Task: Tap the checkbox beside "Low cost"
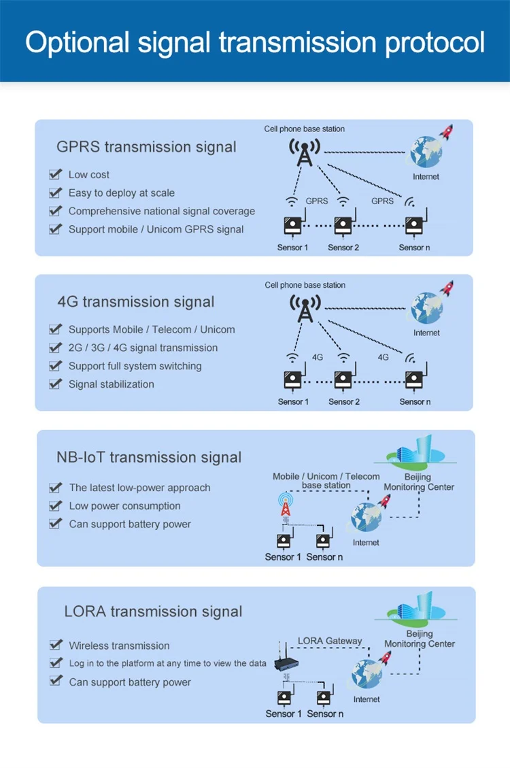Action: click(56, 174)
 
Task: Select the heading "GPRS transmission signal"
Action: click(146, 147)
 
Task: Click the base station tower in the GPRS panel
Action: click(305, 152)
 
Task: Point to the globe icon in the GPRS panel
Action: click(426, 151)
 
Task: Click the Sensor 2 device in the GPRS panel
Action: click(343, 224)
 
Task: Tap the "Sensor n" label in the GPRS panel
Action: click(414, 248)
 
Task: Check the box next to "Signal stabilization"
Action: click(56, 384)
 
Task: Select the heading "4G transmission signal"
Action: click(136, 302)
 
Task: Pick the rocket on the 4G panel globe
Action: click(446, 288)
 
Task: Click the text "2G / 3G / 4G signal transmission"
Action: click(143, 348)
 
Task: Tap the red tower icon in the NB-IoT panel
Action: click(286, 505)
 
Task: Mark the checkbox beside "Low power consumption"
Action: click(56, 505)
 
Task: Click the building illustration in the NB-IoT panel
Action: click(416, 450)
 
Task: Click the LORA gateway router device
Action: click(286, 657)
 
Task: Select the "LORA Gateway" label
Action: click(330, 641)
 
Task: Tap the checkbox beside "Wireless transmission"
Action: click(56, 645)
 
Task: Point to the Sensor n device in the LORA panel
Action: click(324, 695)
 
